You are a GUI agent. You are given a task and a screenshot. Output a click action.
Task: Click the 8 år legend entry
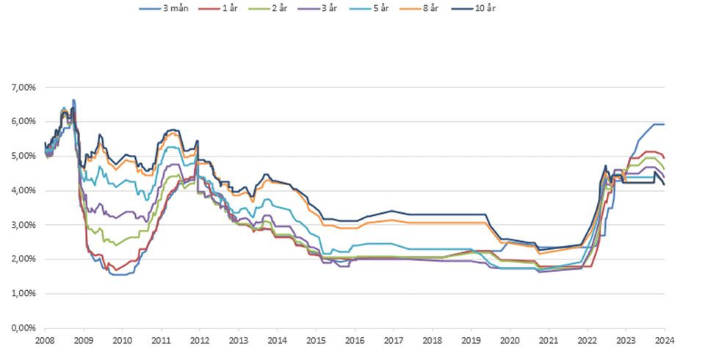(429, 8)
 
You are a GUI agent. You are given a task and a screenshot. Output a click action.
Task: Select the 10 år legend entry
(485, 8)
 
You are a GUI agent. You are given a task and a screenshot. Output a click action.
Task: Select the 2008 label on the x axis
(45, 340)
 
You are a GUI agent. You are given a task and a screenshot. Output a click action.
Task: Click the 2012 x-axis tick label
(200, 340)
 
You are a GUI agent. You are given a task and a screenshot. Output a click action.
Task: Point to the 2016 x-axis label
(355, 340)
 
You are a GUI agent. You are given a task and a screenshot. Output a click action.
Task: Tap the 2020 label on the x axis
(510, 340)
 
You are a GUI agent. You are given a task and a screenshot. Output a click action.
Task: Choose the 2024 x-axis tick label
(665, 340)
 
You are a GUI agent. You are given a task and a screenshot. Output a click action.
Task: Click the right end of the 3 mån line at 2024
(664, 124)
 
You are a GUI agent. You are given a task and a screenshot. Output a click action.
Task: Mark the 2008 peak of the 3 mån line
(73, 100)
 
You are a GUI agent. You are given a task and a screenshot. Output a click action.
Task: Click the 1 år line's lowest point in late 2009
(116, 270)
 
